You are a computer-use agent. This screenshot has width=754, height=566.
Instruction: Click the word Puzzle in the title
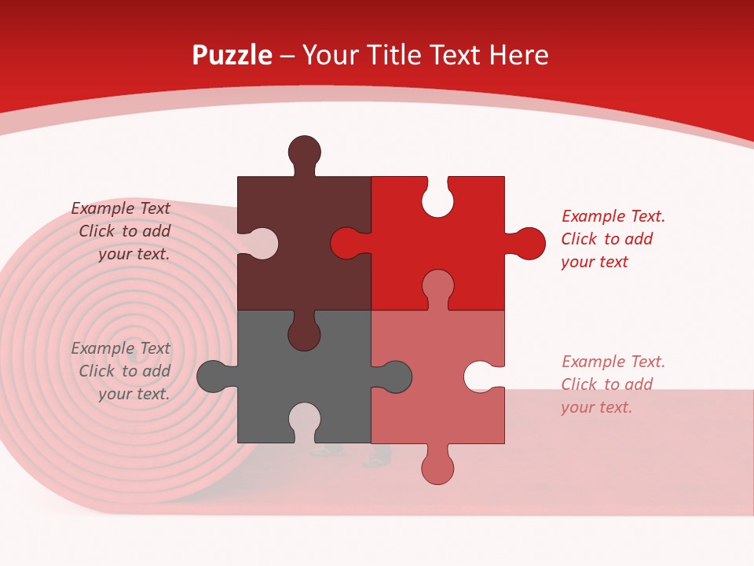point(232,55)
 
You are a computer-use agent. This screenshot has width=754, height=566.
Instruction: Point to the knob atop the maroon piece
point(304,152)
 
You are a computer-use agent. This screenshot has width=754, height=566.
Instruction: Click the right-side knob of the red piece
point(529,244)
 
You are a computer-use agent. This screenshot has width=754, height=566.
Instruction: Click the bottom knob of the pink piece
point(437,468)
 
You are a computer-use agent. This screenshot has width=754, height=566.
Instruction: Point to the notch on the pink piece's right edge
point(481,377)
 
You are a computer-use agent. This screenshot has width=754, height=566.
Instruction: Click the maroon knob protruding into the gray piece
point(304,334)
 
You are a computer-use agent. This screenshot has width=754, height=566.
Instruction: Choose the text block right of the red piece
point(613,239)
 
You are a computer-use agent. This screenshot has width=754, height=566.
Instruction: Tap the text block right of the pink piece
point(613,384)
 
